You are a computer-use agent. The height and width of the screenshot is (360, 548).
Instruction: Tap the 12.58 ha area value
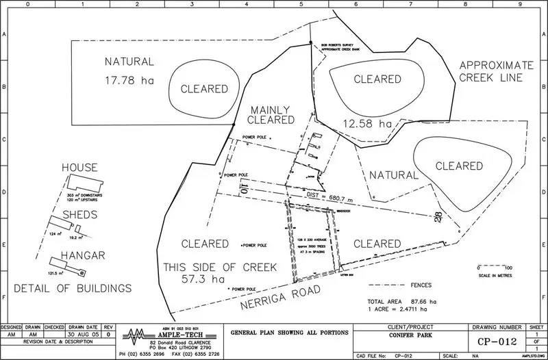(x=369, y=124)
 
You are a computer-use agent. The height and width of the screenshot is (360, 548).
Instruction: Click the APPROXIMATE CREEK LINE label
(x=492, y=71)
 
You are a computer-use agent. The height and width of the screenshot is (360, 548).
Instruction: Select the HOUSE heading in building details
(x=79, y=168)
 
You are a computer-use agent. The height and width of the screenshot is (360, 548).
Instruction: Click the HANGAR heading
(x=82, y=255)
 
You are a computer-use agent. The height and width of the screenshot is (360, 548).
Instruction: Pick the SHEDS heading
(x=79, y=214)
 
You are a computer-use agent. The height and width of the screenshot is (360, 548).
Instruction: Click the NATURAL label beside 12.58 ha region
(x=393, y=175)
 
